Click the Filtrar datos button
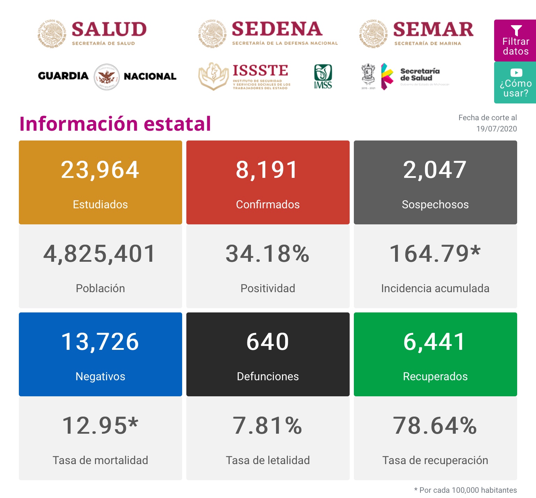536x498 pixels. pos(515,40)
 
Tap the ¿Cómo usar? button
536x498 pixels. pos(515,83)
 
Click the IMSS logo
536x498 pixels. pos(323,77)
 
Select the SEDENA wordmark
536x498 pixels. pos(277,29)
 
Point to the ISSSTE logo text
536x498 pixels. pos(260,71)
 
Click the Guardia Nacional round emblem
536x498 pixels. pos(107,77)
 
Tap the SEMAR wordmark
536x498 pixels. pos(433,29)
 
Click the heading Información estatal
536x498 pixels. pos(115,124)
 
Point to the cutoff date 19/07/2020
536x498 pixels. pos(496,129)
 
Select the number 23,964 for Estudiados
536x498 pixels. pos(100,170)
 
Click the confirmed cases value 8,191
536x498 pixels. pos(267,170)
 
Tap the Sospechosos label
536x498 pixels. pos(435,204)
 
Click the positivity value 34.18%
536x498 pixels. pos(267,254)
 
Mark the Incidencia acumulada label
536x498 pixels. pos(435,288)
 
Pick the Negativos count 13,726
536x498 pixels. pos(100,342)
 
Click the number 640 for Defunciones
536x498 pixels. pos(268,342)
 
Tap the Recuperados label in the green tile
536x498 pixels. pos(435,376)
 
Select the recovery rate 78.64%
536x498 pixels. pos(435,426)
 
